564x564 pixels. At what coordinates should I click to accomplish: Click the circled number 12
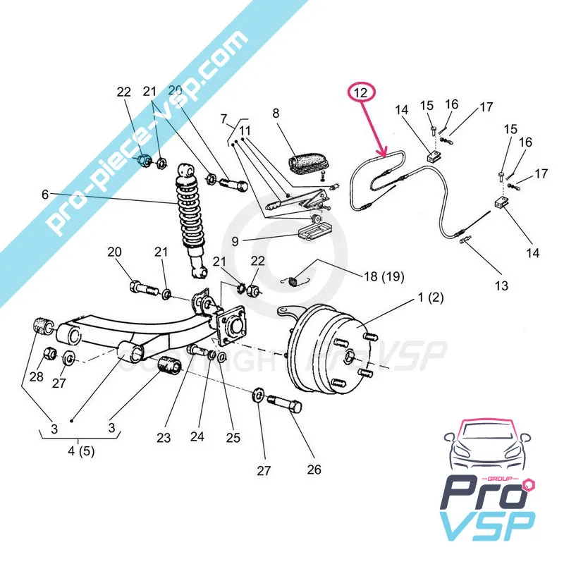pyautogui.click(x=361, y=92)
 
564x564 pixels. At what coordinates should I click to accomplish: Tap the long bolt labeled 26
pyautogui.click(x=283, y=407)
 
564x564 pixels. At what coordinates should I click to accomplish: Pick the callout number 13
pyautogui.click(x=501, y=286)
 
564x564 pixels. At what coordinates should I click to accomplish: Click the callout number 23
pyautogui.click(x=164, y=437)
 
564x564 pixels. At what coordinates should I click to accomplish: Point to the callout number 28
pyautogui.click(x=36, y=377)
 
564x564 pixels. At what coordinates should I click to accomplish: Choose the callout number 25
pyautogui.click(x=233, y=437)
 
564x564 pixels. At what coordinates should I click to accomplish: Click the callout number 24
pyautogui.click(x=197, y=437)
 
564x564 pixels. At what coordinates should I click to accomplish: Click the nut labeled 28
pyautogui.click(x=51, y=353)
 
